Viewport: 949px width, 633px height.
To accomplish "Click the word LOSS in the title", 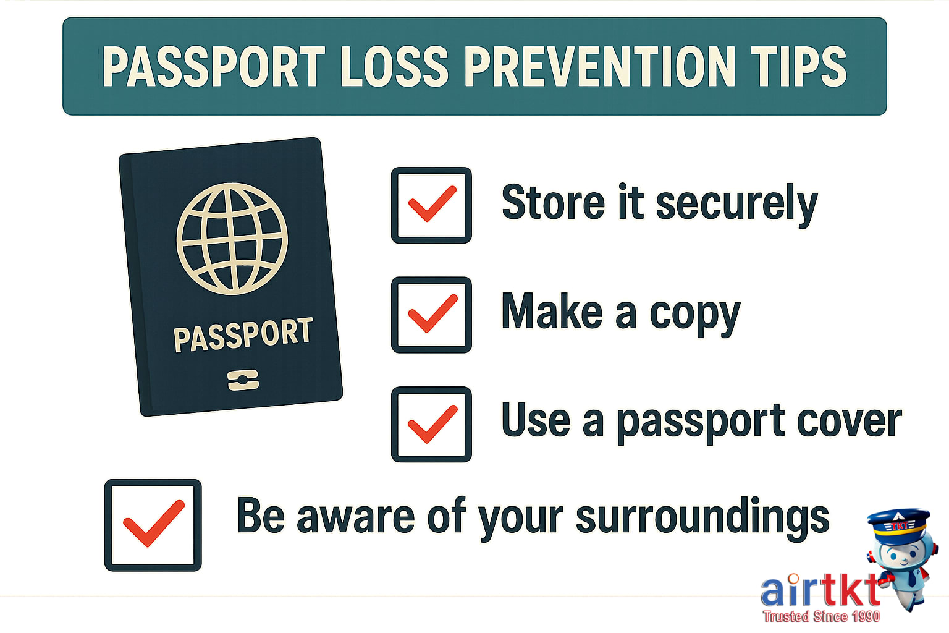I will click(394, 67).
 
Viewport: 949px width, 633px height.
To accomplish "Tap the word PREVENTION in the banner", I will click(599, 67).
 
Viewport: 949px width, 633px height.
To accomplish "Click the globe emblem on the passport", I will click(232, 238).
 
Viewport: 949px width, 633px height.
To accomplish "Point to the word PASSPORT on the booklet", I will click(243, 335).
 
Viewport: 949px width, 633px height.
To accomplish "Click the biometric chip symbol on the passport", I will click(243, 380).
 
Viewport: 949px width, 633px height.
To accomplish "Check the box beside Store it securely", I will click(431, 205).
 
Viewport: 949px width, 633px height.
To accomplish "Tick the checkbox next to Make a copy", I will click(431, 314).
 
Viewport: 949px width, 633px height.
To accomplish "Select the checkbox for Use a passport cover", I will click(431, 424).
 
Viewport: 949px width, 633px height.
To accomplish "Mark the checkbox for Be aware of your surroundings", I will click(153, 525).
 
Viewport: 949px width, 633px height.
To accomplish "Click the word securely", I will click(736, 204).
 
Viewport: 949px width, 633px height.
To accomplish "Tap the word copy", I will click(694, 314).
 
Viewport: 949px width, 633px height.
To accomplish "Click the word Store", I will click(553, 203).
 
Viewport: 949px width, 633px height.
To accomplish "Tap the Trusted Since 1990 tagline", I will click(820, 616).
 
